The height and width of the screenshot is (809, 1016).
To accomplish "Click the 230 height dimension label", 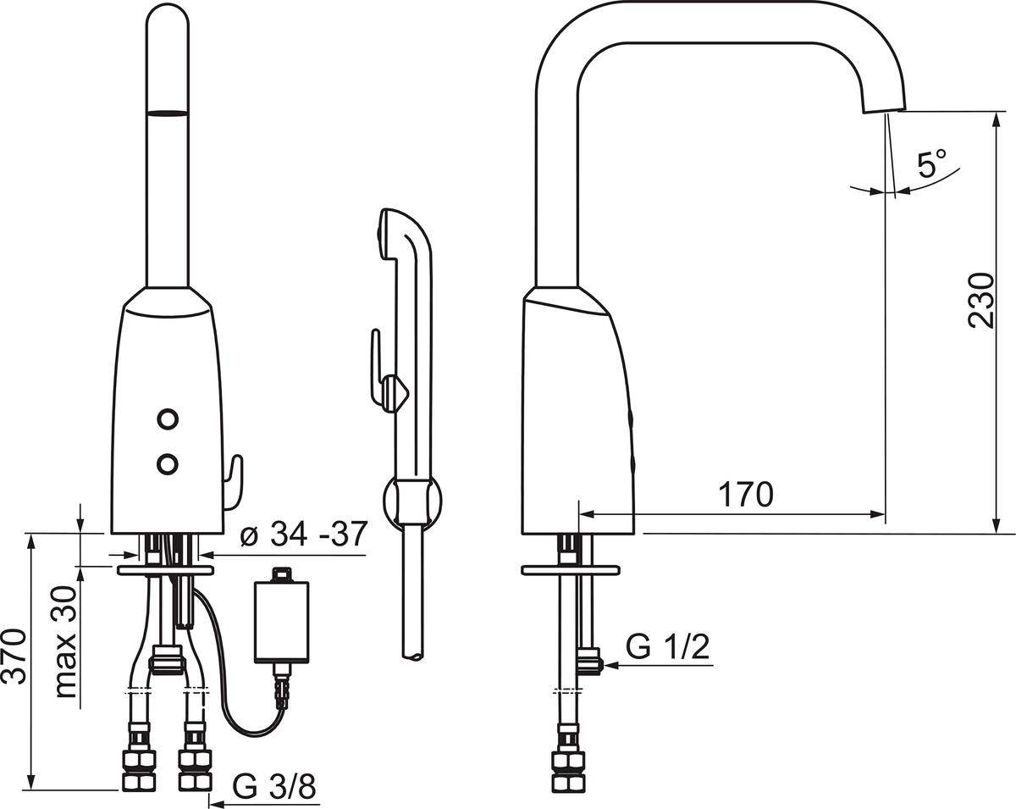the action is [981, 300].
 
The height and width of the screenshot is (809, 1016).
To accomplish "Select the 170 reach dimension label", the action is [746, 494].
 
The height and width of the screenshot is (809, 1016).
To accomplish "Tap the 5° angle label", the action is [932, 163].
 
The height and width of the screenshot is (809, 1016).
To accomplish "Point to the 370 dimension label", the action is [14, 656].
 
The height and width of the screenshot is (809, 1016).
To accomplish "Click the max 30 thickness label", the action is [64, 642].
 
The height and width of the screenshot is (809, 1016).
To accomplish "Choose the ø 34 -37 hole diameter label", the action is [304, 534].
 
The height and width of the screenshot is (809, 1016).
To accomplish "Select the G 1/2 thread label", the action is [667, 647].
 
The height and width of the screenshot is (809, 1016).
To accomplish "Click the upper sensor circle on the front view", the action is [168, 419].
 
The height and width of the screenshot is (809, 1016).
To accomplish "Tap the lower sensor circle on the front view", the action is [167, 464].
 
